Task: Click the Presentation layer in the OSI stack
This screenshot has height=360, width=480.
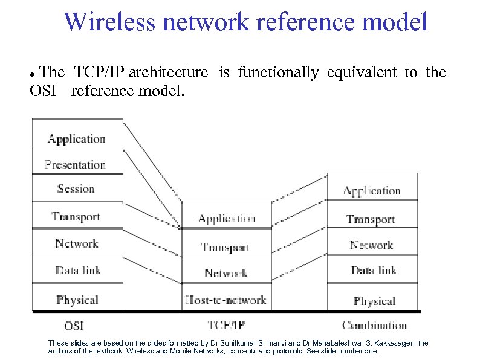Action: [x=76, y=164]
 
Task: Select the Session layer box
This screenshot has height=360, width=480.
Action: [x=76, y=188]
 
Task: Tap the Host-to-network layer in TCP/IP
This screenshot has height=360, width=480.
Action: [x=225, y=300]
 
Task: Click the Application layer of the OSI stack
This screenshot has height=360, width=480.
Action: [x=76, y=138]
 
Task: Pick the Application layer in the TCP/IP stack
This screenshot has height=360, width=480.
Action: [x=227, y=219]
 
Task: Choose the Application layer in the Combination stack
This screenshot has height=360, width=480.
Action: [x=372, y=191]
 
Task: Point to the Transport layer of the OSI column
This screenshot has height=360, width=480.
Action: [x=76, y=216]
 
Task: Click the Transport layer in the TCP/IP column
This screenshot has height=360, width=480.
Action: [x=225, y=247]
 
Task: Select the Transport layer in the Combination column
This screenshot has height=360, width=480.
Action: [x=371, y=219]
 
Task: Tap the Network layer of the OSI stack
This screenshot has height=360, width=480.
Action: [x=76, y=243]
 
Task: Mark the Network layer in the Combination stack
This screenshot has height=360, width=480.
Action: [x=371, y=245]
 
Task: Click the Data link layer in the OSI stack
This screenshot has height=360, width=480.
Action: [x=77, y=270]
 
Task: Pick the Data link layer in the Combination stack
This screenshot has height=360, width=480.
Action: [x=373, y=271]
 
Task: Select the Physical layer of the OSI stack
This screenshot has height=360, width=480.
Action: [x=77, y=300]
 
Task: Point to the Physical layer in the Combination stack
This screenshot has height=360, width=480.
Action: [x=374, y=301]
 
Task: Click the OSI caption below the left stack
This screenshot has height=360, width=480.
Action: [x=74, y=326]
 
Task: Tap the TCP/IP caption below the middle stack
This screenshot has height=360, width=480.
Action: [x=226, y=325]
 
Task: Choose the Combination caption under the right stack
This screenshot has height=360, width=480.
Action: [x=375, y=325]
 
